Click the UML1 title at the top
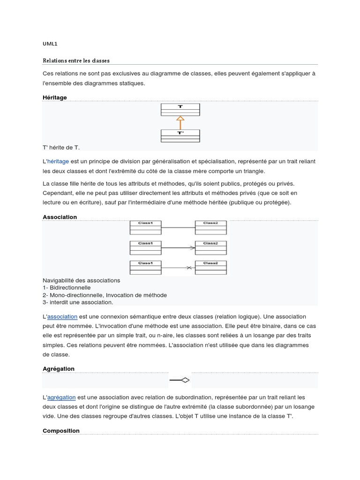coord(50,44)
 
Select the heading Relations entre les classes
coord(76,60)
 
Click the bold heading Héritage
coord(55,97)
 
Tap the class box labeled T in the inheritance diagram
coord(180,109)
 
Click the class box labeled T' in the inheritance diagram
coord(180,135)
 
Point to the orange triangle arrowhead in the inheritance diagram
coord(180,119)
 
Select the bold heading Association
coord(60,217)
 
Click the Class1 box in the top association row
coord(145,227)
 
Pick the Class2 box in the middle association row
coord(210,247)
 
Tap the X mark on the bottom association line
coord(189,268)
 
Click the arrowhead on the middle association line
coord(192,247)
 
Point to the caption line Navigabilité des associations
coord(81,280)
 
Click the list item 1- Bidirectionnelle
coord(67,287)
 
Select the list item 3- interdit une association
coord(77,302)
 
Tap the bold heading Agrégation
coord(59,369)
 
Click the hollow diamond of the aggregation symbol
coord(185,380)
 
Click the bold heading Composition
coord(61,430)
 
